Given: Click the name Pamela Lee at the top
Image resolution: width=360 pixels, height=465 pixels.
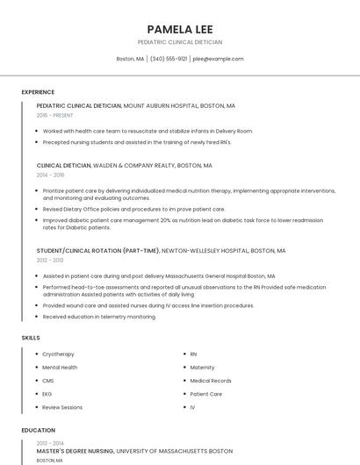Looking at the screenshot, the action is (x=180, y=29).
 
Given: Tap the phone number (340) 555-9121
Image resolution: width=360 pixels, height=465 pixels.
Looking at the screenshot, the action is (x=169, y=59).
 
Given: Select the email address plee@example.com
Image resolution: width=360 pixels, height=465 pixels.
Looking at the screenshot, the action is (x=218, y=59).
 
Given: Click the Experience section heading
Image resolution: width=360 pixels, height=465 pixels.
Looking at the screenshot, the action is (x=38, y=92).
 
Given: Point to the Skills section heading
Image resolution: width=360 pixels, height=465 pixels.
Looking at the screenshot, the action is (x=31, y=337).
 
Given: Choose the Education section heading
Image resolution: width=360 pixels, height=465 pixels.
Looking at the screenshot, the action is (x=38, y=430).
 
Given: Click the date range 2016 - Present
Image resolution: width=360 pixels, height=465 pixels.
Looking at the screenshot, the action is (x=55, y=115).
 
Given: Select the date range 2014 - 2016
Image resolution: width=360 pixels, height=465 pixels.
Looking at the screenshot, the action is (x=50, y=175).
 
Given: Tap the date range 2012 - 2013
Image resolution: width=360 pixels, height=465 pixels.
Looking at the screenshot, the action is (x=50, y=260).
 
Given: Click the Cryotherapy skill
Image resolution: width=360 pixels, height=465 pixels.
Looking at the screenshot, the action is (x=58, y=354).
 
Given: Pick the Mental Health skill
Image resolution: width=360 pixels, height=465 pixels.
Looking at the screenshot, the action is (x=60, y=368).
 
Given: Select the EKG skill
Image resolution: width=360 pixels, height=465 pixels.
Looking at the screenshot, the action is (x=47, y=394).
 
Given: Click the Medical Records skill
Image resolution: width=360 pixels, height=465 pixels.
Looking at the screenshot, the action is (x=211, y=381).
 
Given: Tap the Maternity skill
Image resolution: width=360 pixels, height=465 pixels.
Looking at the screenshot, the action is (x=202, y=368).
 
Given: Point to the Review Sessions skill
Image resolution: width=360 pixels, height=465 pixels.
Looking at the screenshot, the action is (x=62, y=407).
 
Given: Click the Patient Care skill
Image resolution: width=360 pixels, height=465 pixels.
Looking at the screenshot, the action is (x=206, y=394).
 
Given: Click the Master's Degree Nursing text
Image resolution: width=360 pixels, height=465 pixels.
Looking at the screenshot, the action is (x=76, y=451).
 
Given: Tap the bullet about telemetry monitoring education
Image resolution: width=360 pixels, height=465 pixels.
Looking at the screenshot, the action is (x=99, y=317).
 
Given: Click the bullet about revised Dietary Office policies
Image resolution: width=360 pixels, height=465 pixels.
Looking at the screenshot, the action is (x=133, y=209).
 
